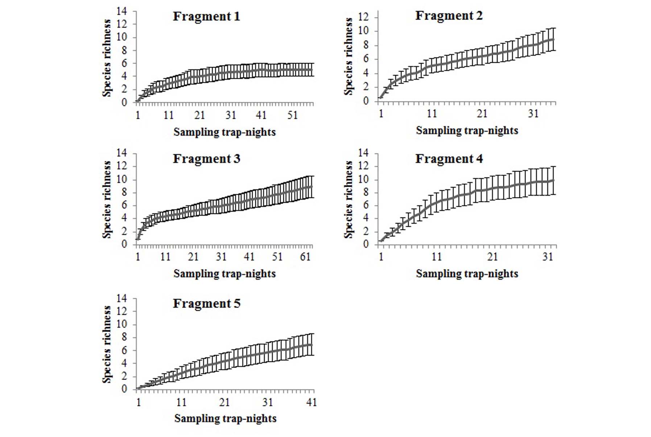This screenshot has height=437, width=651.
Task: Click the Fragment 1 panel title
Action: (206, 17)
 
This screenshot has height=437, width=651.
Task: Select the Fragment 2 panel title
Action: (449, 16)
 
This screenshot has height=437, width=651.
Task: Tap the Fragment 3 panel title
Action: (206, 159)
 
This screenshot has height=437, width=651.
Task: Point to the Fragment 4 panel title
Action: (449, 159)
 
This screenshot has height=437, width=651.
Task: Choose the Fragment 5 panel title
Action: (206, 304)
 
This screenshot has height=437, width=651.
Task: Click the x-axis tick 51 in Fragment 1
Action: (292, 115)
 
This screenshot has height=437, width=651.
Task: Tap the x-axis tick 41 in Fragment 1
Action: (261, 115)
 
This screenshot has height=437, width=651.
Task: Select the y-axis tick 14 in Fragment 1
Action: (121, 11)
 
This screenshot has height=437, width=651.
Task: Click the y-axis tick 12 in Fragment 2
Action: (363, 17)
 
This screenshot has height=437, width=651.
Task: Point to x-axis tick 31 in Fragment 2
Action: (533, 114)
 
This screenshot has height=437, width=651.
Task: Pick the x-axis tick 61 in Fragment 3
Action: (305, 257)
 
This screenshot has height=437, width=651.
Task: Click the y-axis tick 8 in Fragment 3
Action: (124, 192)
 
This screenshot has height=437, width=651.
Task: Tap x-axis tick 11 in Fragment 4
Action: (436, 257)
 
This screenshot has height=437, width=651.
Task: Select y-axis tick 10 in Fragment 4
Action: (363, 180)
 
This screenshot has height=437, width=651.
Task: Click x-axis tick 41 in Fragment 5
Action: (311, 402)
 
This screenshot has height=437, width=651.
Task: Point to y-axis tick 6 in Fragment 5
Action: (124, 350)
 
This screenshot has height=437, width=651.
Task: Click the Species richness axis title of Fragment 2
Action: (349, 56)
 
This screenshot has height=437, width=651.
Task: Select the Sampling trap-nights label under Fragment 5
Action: (225, 419)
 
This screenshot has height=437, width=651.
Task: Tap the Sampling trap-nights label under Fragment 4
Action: (467, 274)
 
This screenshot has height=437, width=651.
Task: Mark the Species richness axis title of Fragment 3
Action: (107, 199)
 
